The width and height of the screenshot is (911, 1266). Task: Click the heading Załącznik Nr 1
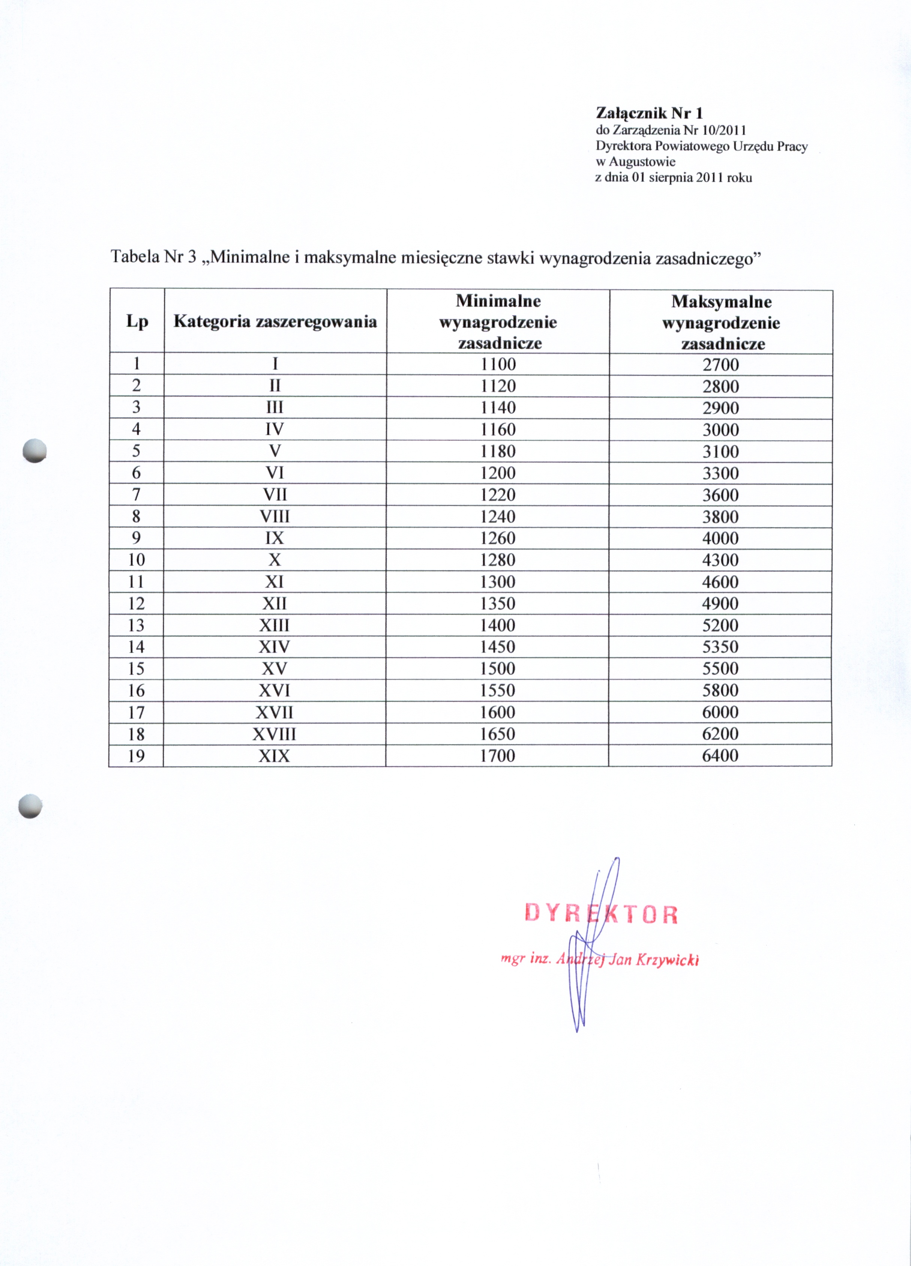tap(649, 113)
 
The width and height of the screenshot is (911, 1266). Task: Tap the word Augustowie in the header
tap(642, 162)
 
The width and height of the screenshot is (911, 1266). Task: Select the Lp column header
tap(137, 321)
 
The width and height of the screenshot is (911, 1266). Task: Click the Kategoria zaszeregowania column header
tap(275, 321)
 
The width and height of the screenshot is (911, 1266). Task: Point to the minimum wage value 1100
tap(498, 365)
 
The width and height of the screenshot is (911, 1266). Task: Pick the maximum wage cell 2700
tap(720, 365)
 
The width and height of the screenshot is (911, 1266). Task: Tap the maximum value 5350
tap(720, 647)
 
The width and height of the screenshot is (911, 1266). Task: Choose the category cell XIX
tap(274, 756)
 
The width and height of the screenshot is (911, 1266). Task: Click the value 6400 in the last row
tap(720, 756)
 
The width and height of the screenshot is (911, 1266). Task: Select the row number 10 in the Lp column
tap(136, 560)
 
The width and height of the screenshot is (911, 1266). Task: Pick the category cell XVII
tap(274, 713)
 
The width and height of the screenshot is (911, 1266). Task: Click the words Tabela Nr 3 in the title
tap(153, 257)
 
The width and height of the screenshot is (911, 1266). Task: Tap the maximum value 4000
tap(720, 539)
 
